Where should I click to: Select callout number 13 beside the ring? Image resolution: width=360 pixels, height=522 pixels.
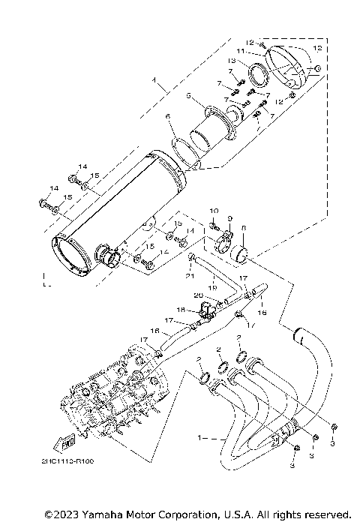pos(253,61)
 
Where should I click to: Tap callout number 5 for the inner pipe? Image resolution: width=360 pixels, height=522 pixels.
pos(190,96)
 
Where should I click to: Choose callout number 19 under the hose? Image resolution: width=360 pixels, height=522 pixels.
pos(213,286)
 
